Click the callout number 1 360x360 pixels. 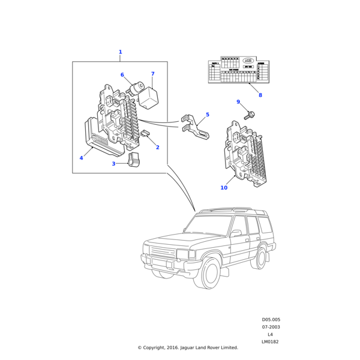coord(120,52)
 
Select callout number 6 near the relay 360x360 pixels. coord(122,75)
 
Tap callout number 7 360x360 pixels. coord(152,74)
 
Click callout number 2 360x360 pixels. coord(157,147)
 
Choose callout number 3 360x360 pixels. coord(113,163)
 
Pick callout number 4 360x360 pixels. coord(82,158)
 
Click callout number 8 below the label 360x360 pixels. coord(260,95)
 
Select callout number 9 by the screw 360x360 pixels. coord(238,102)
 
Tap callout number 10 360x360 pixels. coord(224,188)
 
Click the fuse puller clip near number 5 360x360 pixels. coord(195,126)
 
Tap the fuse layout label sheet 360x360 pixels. coord(238,71)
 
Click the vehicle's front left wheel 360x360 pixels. coord(212,274)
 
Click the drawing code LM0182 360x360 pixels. coord(271,341)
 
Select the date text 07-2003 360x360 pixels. coord(271,327)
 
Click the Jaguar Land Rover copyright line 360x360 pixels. coord(188,347)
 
